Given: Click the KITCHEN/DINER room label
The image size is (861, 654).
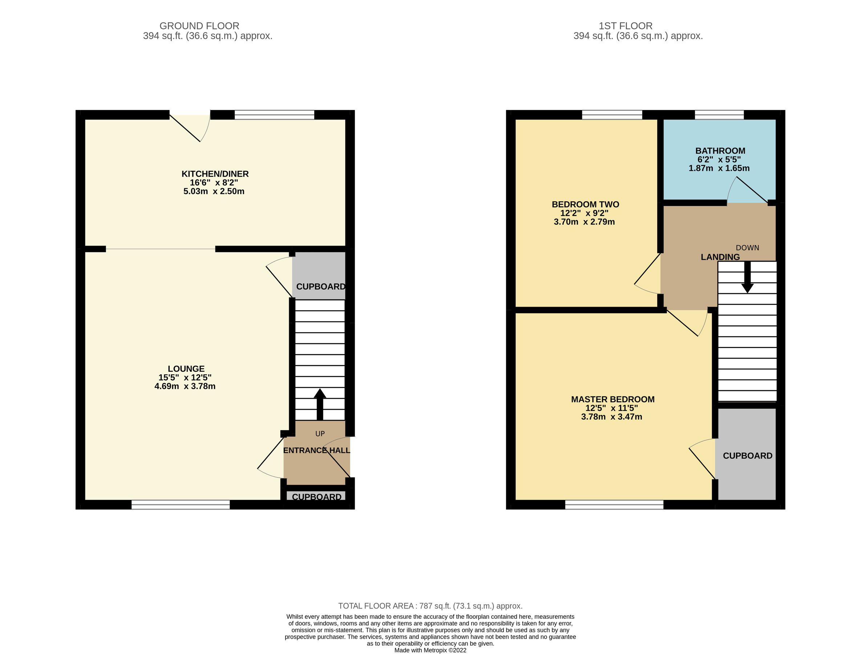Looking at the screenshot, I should click(215, 174).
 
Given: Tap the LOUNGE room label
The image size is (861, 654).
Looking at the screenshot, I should click(186, 369).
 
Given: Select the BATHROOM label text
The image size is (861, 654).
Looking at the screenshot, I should click(720, 151).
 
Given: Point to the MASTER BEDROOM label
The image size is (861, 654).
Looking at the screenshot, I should click(613, 399).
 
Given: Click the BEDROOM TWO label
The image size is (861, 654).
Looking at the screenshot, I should click(585, 204).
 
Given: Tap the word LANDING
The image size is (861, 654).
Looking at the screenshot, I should click(720, 257).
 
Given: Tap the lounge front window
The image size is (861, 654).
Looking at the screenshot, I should click(181, 505).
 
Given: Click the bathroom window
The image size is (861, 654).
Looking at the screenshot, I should click(719, 114).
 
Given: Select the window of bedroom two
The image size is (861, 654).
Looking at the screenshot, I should click(612, 114).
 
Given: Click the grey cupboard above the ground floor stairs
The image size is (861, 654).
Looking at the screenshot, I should click(319, 276).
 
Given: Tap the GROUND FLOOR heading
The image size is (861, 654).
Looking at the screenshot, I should click(199, 26).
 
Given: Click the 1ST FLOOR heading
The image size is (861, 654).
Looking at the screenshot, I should click(625, 26).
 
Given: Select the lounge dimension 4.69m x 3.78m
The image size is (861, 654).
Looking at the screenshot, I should click(185, 387).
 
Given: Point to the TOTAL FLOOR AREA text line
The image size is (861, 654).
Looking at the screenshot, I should click(430, 606).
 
